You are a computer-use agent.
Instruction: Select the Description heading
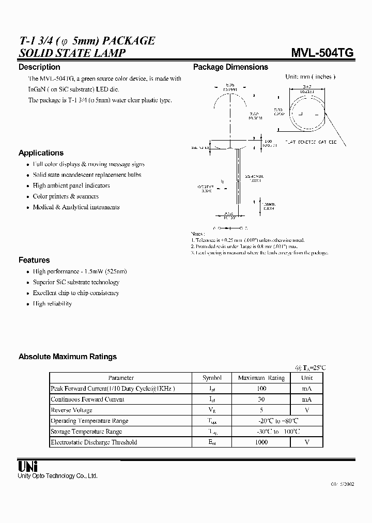click(x=39, y=67)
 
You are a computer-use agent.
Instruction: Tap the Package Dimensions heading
click(x=230, y=67)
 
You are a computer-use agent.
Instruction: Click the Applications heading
click(x=41, y=153)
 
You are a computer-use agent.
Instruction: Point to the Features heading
click(x=34, y=260)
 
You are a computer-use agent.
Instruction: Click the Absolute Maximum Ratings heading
click(x=68, y=357)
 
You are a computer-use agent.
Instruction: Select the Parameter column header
click(x=121, y=378)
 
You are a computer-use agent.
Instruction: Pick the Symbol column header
click(x=212, y=378)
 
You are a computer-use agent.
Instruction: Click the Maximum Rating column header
click(x=261, y=378)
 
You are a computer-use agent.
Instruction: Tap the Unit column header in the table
click(x=307, y=378)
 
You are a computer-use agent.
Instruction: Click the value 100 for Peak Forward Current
click(x=261, y=389)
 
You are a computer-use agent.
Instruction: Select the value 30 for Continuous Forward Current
click(x=261, y=399)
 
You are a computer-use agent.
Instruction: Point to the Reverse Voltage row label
click(x=72, y=410)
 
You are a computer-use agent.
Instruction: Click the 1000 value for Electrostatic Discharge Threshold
click(x=261, y=442)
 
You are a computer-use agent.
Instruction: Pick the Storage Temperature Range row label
click(x=86, y=432)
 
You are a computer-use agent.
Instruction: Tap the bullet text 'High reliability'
click(x=52, y=304)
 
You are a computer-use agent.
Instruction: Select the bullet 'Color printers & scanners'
click(x=66, y=196)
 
